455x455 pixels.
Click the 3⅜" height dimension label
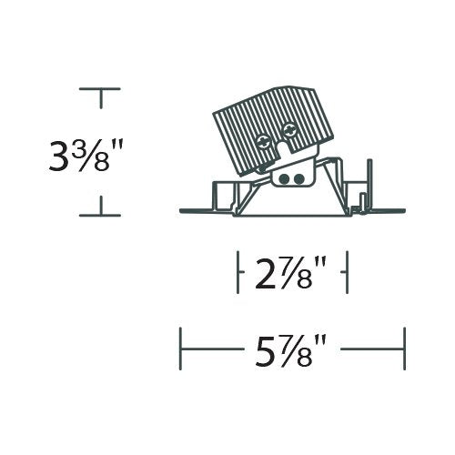[86, 156]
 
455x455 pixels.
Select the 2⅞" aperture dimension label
[290, 273]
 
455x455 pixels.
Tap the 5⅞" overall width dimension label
[290, 349]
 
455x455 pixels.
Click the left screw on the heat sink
[263, 142]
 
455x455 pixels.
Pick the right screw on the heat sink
[288, 131]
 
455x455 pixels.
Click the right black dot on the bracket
[298, 179]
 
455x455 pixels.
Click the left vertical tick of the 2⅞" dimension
[238, 272]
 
